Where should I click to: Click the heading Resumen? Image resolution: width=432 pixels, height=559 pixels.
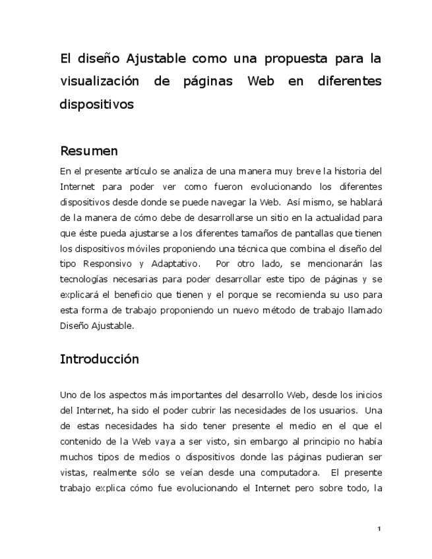(89, 151)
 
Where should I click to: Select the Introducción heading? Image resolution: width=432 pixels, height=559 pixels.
(100, 359)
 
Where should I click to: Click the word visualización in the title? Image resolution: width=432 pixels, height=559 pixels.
(100, 82)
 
